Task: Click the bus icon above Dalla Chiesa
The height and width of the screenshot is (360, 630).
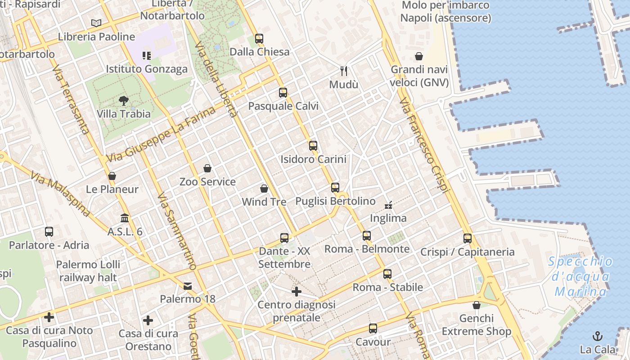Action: point(259,39)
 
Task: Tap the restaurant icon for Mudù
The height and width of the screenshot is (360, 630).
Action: point(344,71)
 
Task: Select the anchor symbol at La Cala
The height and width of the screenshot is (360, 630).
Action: point(598,336)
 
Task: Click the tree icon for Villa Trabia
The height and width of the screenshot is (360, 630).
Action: point(123,100)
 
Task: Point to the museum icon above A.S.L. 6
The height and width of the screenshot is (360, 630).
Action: point(125,218)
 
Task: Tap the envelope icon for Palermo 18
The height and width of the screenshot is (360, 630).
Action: point(187,286)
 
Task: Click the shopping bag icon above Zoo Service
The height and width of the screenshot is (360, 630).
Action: point(207,168)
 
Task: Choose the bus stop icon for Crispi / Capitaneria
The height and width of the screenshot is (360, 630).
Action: point(468,238)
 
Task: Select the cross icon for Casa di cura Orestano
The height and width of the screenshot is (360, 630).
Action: point(148,320)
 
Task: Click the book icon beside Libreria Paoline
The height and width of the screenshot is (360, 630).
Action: point(96,23)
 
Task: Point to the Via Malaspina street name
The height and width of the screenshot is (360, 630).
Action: point(61,193)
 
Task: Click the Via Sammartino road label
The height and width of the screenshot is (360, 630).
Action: point(177,232)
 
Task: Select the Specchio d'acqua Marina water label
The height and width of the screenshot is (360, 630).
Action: point(581,277)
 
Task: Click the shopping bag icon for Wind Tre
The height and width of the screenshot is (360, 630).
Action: point(264,189)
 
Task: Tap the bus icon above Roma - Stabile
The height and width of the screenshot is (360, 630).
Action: point(387,274)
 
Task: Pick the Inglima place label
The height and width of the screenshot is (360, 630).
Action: point(388,218)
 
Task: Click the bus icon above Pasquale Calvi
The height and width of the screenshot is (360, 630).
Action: point(283,93)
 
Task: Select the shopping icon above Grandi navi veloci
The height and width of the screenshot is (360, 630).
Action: point(418,56)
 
